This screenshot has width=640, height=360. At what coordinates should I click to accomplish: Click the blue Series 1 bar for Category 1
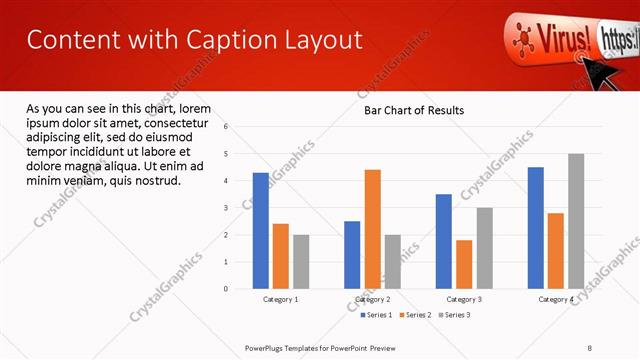point(260,230)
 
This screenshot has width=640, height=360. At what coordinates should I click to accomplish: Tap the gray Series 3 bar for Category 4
point(575,221)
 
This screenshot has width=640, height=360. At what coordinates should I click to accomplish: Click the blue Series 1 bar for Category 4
point(536,227)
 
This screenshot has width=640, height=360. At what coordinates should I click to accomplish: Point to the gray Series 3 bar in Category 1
point(301,261)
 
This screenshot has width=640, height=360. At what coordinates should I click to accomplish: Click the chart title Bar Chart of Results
point(413,110)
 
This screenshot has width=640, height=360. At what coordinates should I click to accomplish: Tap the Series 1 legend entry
point(376,315)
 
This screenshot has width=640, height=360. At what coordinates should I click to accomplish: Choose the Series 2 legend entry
point(417,315)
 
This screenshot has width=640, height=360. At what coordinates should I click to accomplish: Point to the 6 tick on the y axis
point(226,127)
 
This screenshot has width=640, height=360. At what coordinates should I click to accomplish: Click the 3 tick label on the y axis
point(226,208)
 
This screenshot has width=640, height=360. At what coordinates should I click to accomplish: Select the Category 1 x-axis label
point(281,299)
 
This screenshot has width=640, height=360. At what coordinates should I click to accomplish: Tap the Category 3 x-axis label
point(464,299)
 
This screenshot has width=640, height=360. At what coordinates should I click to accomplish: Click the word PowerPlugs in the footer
point(267,348)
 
